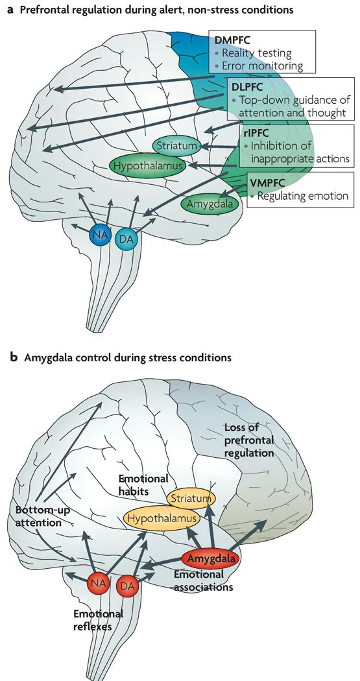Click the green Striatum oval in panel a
tap(175, 146)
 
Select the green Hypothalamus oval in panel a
tap(147, 167)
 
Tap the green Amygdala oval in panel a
tap(209, 203)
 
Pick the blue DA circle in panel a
tap(126, 239)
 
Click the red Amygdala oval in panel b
tap(210, 558)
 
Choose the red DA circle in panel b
tap(128, 587)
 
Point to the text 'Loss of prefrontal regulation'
tap(248, 440)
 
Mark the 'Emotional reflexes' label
tap(99, 621)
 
